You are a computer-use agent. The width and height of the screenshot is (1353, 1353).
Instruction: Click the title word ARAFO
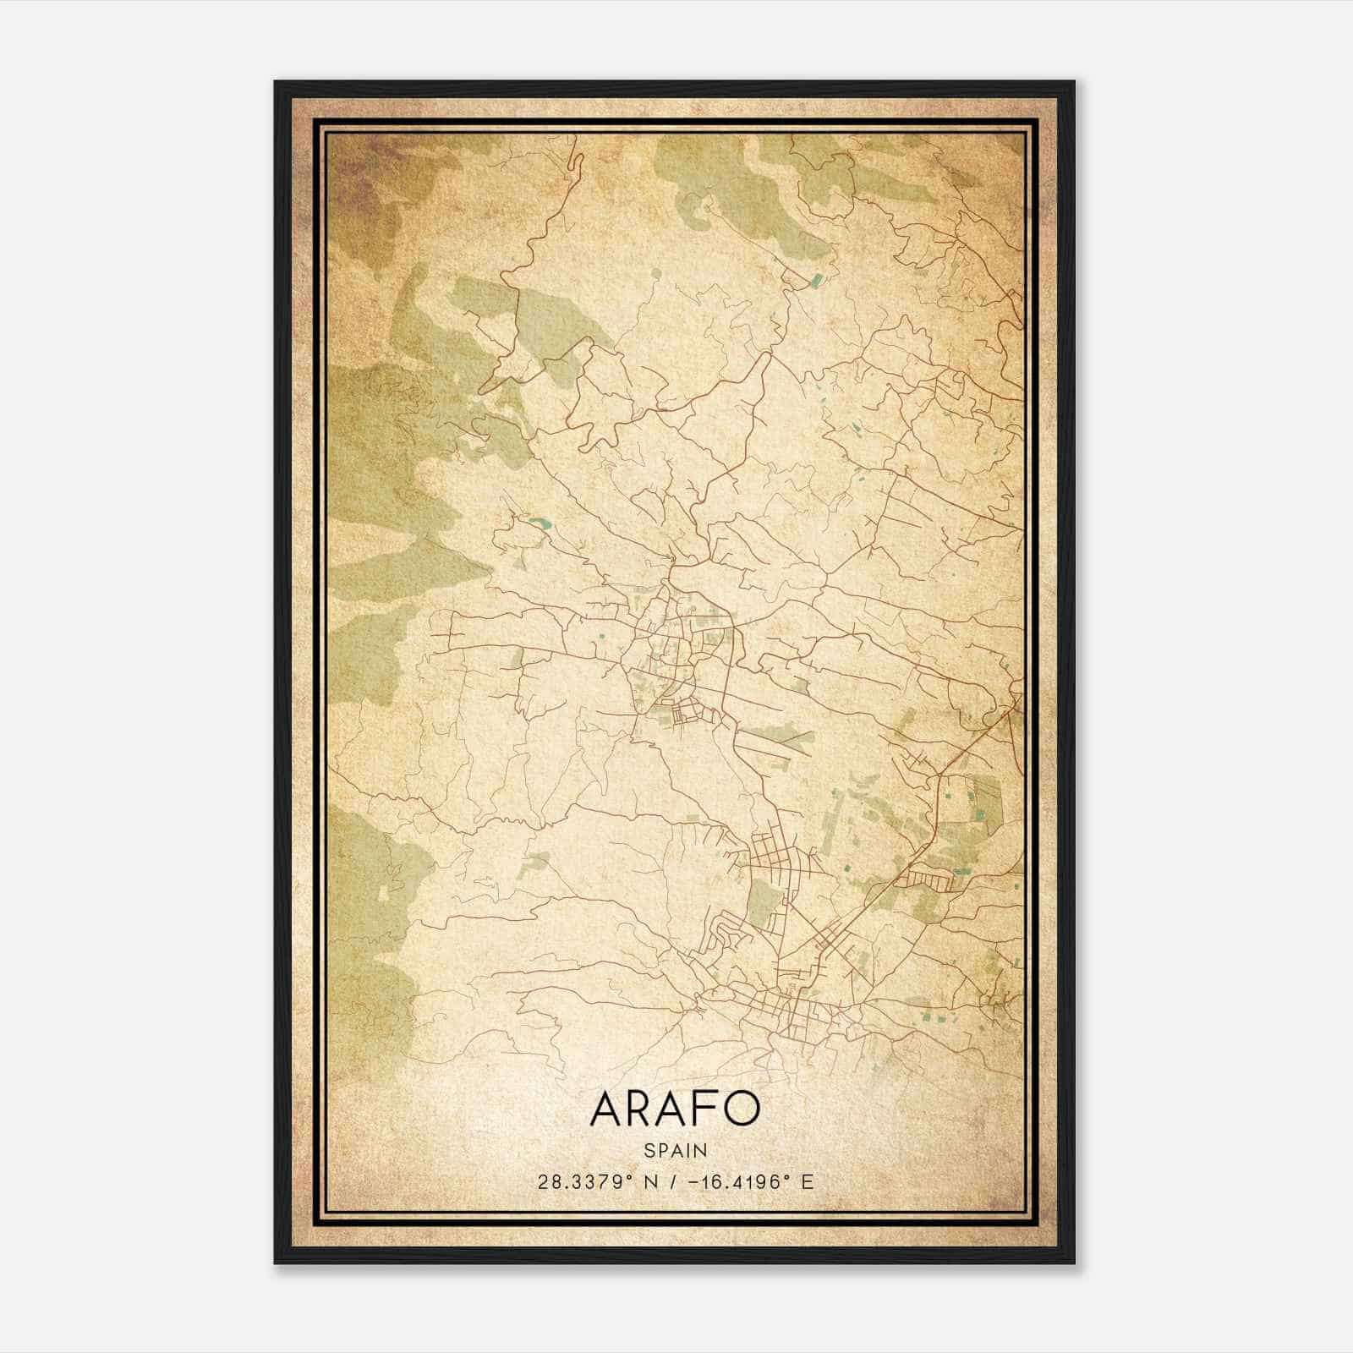pos(675,1109)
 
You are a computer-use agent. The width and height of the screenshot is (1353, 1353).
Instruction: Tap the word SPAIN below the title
pos(675,1150)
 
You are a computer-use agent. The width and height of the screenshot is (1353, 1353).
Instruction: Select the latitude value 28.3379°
pos(584,1182)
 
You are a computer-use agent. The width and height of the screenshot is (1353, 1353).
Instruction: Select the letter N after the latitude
pos(649,1182)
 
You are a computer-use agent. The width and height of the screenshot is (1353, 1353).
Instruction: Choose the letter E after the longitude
pos(807,1182)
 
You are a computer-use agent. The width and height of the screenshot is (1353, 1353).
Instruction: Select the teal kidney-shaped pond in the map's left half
pos(538,523)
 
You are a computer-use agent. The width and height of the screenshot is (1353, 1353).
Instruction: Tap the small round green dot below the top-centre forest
pos(656,273)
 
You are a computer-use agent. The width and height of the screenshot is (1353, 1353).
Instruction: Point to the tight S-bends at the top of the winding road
pos(576,165)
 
